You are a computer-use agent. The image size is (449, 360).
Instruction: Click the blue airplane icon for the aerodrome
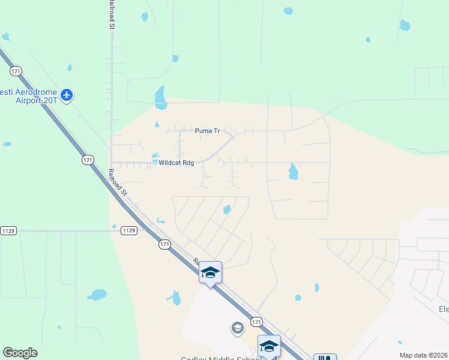tap(66, 95)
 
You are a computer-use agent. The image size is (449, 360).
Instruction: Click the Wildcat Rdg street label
tap(176, 163)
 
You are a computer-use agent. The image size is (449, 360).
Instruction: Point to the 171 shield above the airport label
tap(16, 71)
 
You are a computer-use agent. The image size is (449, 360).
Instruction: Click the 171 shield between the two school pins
tap(256, 322)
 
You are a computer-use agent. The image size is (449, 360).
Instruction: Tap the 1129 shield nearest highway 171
tap(128, 230)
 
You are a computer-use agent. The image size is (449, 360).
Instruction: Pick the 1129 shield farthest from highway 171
tap(8, 230)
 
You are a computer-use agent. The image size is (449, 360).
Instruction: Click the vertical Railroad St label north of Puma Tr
tap(112, 15)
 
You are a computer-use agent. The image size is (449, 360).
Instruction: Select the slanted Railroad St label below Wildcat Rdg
tap(118, 182)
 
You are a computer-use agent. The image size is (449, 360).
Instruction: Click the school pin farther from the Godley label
tap(210, 273)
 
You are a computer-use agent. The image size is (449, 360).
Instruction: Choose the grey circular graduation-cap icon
tap(238, 328)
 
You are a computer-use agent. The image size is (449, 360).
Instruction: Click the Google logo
tap(20, 353)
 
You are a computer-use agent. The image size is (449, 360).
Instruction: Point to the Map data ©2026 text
tap(423, 355)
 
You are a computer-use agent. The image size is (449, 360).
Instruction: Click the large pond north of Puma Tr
tap(160, 98)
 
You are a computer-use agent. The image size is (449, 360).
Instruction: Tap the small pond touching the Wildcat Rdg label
tap(155, 158)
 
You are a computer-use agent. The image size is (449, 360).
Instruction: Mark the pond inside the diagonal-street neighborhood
tap(227, 209)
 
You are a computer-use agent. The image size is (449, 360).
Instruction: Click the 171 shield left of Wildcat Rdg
tap(88, 160)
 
